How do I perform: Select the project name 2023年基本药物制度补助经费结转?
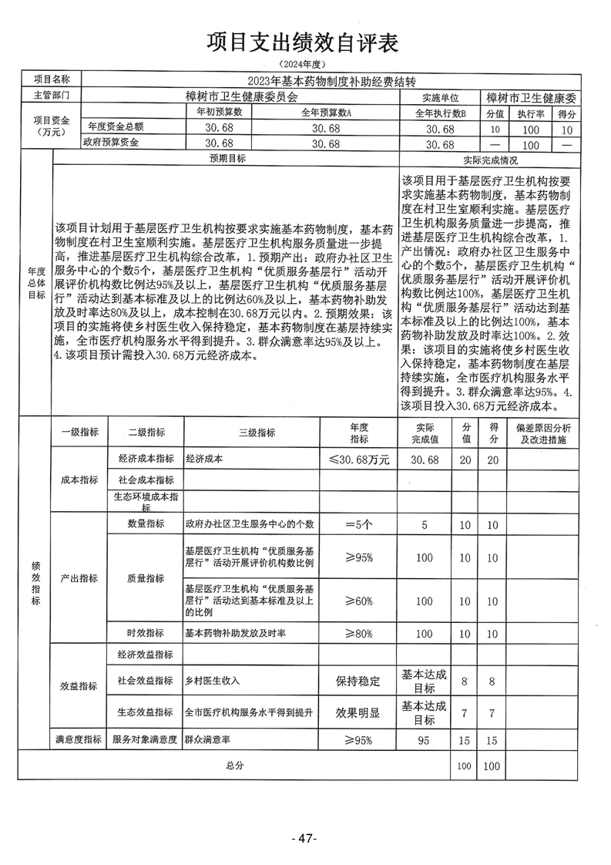331,81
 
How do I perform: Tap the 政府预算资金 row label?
115,143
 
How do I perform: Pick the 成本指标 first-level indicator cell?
79,480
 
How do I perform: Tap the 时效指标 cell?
146,633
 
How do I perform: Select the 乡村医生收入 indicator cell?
213,681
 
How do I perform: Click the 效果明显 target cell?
358,713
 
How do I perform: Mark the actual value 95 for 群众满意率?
425,740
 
